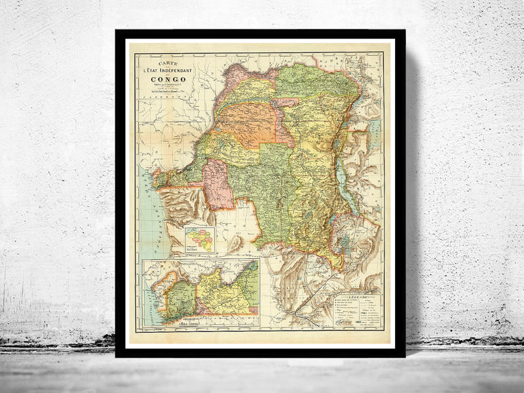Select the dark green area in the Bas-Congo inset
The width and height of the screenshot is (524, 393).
point(185,295)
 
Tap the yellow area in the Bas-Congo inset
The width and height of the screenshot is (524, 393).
point(219,288)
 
